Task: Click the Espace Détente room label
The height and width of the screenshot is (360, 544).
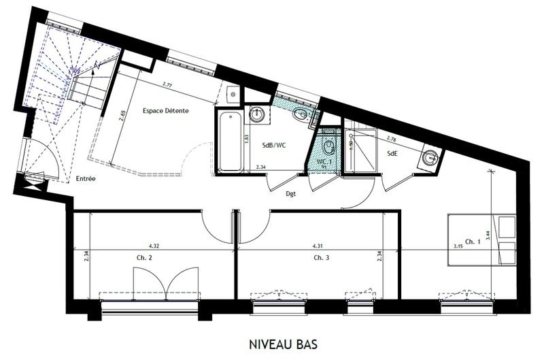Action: (165, 111)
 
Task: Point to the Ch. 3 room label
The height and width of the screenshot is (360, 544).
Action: (322, 258)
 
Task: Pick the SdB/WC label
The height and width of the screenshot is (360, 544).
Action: (275, 144)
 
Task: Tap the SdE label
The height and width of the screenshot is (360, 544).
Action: (393, 153)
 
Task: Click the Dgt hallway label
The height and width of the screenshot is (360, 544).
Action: (290, 193)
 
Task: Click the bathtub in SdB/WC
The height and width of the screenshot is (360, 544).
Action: (230, 141)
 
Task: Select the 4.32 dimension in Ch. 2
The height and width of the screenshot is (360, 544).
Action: (154, 245)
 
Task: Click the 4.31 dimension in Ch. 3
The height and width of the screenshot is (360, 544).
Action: (318, 245)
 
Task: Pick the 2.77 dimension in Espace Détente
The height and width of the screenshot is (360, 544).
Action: (167, 84)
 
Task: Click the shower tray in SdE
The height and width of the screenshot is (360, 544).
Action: (362, 151)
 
